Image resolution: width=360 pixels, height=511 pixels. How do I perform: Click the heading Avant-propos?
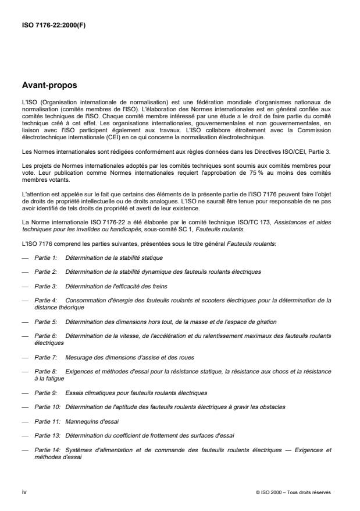49,85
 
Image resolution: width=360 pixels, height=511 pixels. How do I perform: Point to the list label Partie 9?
45,392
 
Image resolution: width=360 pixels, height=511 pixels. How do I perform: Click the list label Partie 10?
47,406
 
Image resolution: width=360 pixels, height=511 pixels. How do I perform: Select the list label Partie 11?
47,421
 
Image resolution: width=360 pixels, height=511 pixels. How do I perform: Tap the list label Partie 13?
47,435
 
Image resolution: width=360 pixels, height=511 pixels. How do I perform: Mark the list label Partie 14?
47,449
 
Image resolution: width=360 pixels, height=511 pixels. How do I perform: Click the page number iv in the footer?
24,492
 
